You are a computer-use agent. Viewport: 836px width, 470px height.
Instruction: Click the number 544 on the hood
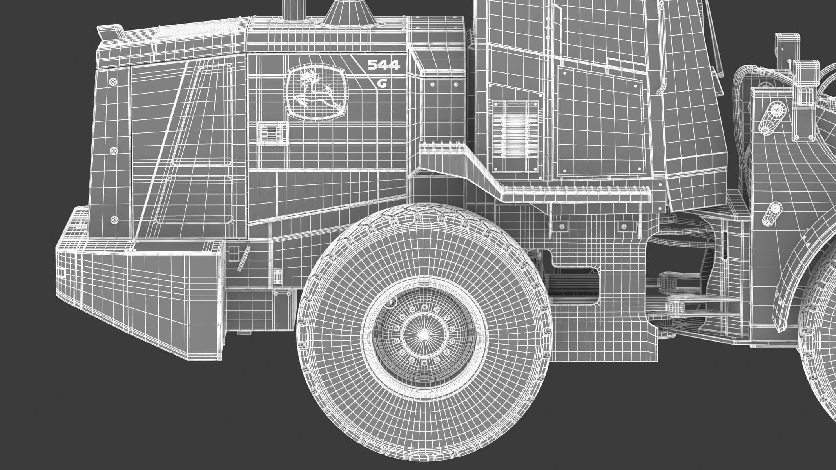[384, 65]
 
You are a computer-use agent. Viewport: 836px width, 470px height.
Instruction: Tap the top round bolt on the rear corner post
[113, 81]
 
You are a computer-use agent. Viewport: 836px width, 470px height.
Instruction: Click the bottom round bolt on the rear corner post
[114, 220]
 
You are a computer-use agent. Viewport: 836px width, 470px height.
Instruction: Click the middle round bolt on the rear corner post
[114, 151]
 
